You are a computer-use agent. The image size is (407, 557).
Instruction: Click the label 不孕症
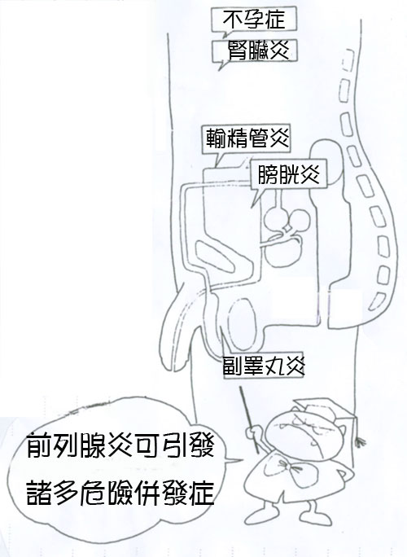pos(254,19)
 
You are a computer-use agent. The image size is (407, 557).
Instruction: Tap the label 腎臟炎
pos(258,50)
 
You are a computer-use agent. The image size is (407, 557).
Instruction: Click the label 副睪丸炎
pos(263,366)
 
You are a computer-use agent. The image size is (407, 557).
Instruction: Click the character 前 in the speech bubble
pos(39,444)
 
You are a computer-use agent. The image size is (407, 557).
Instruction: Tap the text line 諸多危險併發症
pos(120,493)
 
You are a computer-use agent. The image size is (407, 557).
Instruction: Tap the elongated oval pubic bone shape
pos(224,254)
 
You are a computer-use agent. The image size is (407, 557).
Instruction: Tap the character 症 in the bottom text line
pos(202,493)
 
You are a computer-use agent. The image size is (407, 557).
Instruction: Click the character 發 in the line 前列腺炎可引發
pos(202,444)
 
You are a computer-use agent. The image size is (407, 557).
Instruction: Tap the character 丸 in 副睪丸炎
pos(275,366)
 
